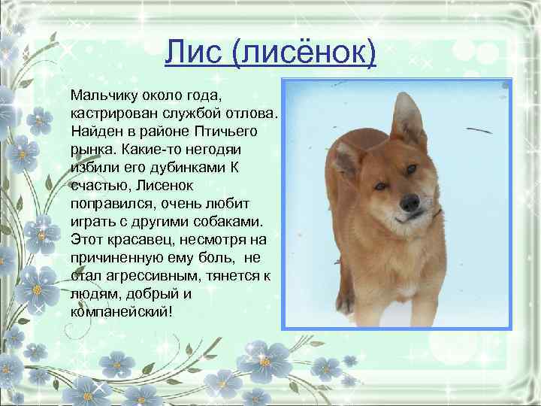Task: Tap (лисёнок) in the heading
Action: pos(302,54)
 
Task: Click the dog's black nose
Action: pos(410,202)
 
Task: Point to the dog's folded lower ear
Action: pos(347,157)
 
